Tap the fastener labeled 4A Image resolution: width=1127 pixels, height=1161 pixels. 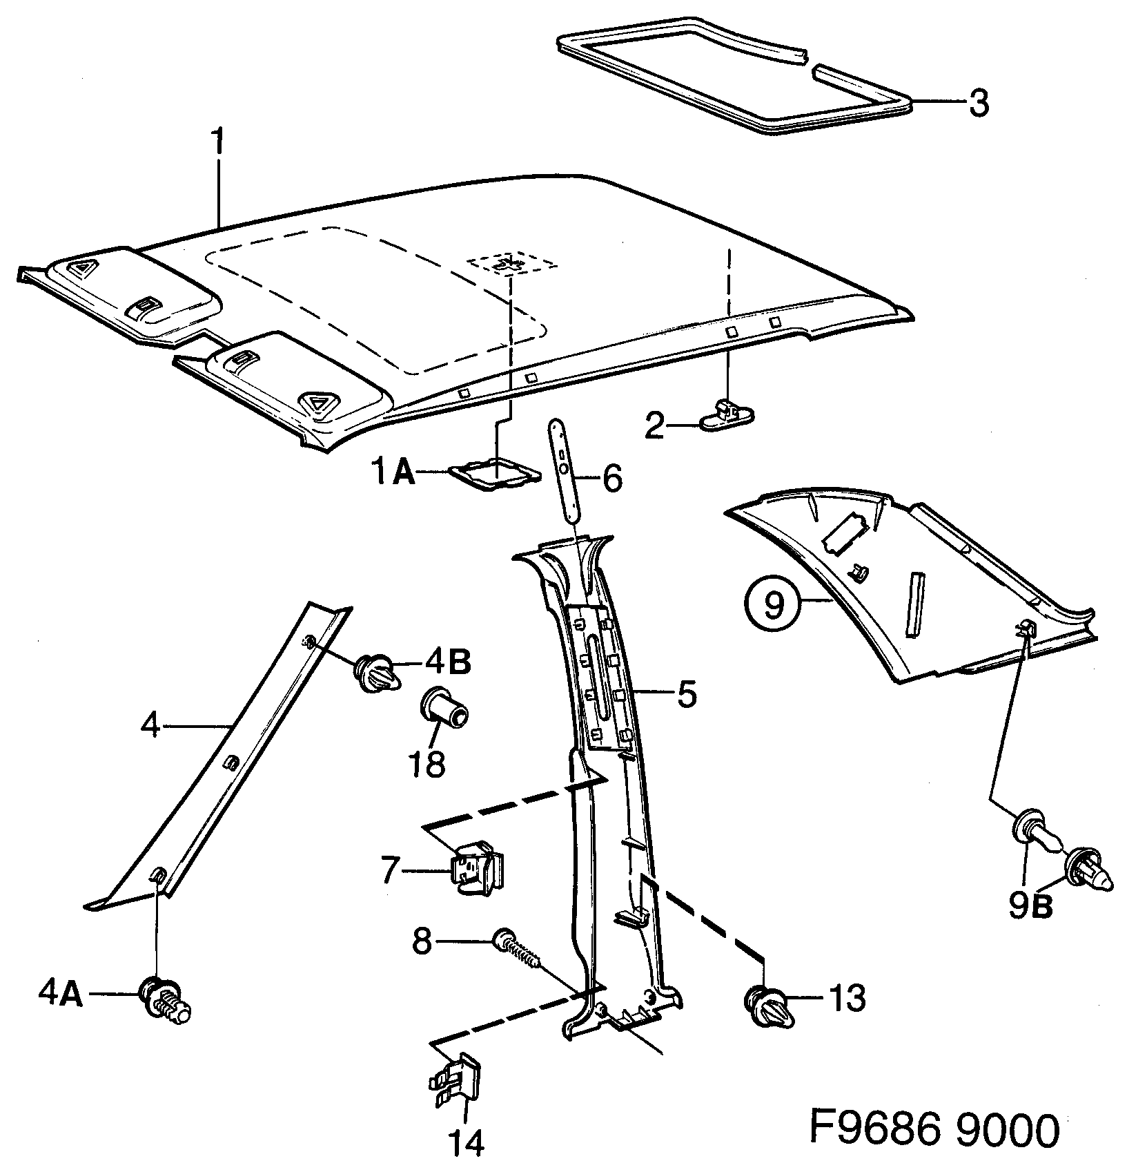point(164,997)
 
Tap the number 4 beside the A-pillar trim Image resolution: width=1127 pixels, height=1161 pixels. point(150,726)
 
